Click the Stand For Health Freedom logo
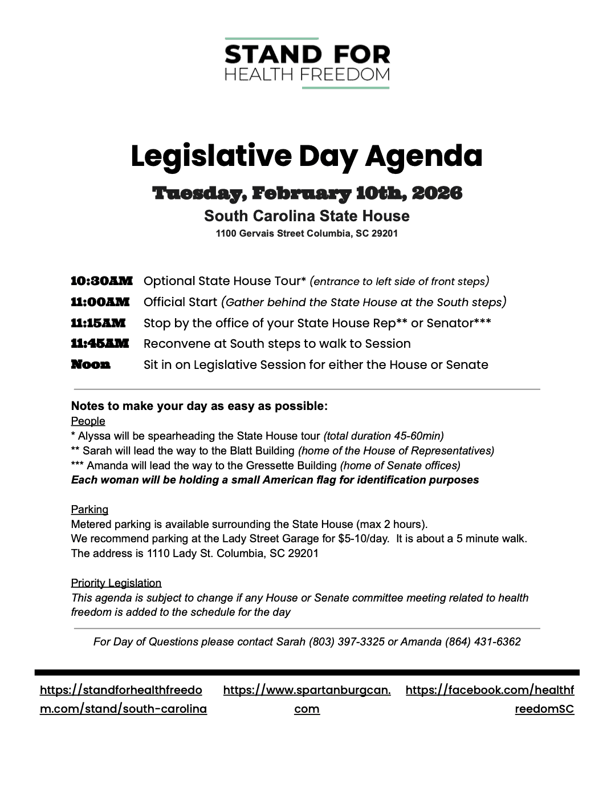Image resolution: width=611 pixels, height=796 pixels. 307,63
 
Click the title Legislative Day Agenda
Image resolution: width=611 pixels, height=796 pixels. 306,156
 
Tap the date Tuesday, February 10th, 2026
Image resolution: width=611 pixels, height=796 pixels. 307,193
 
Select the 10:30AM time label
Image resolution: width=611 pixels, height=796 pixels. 101,281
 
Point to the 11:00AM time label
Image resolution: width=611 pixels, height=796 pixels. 100,302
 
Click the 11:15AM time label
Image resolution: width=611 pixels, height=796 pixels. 98,323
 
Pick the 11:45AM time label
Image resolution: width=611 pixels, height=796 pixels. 100,344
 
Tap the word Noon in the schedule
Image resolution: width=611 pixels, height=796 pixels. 91,365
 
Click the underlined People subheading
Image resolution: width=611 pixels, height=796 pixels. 88,421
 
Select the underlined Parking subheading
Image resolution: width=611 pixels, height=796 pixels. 89,509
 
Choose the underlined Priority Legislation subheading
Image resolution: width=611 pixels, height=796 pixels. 116,583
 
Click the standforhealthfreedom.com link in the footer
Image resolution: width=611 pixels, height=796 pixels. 123,700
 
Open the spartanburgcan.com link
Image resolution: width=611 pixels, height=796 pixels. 307,700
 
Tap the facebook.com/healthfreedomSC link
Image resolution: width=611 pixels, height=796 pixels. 490,700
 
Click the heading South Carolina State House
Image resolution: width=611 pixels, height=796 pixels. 307,216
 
